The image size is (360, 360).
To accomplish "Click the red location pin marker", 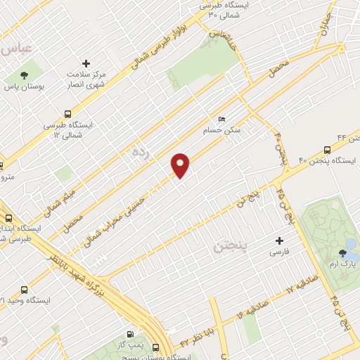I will point(181,165).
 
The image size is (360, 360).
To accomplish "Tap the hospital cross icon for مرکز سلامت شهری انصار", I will point(86,63).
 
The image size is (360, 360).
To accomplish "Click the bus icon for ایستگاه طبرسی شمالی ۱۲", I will point(68,113).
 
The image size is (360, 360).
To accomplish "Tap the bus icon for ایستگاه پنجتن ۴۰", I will point(327,150).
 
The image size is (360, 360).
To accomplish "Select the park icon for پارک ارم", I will point(343,252).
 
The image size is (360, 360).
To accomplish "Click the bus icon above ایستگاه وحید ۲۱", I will point(25,290).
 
